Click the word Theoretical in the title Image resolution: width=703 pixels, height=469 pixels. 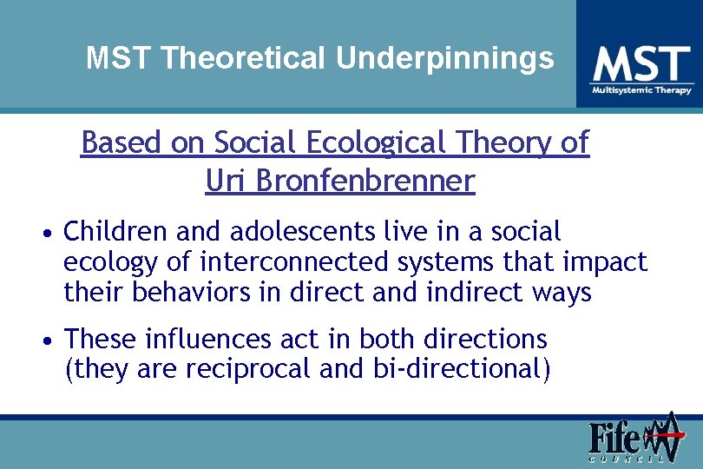[x=245, y=58]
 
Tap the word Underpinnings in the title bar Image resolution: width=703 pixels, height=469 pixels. [x=445, y=58]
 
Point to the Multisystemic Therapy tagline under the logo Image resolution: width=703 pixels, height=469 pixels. [x=641, y=90]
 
